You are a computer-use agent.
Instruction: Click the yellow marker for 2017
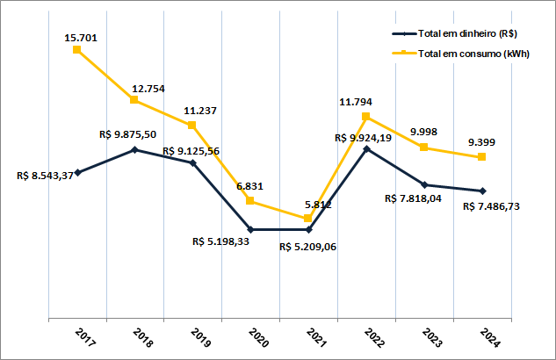77,50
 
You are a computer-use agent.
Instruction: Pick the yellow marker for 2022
366,116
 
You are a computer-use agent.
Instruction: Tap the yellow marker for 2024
482,157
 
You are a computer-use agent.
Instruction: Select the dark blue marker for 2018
134,149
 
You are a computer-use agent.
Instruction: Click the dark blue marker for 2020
251,229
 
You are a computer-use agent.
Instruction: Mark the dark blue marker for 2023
424,184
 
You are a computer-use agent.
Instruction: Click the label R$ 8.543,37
44,176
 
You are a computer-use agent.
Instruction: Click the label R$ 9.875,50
129,134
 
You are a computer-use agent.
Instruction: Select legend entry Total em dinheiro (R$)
466,34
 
